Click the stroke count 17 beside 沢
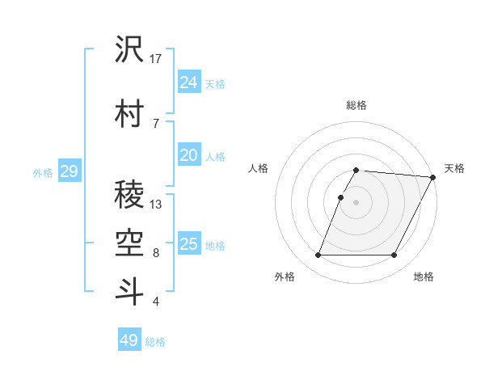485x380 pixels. (x=157, y=59)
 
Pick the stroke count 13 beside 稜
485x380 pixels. (x=156, y=205)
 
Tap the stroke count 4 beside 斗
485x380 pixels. (x=156, y=302)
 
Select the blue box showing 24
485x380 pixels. (x=189, y=82)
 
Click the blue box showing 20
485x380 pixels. (x=189, y=155)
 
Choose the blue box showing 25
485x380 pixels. (x=189, y=243)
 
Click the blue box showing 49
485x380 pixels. (x=129, y=340)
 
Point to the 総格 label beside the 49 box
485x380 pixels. (x=156, y=342)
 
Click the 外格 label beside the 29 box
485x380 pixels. (x=43, y=173)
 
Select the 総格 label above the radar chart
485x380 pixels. (x=356, y=105)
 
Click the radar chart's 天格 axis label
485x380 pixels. (x=454, y=168)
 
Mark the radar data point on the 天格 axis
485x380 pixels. (x=433, y=178)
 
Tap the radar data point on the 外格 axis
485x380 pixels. (x=318, y=255)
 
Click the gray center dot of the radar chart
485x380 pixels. (x=356, y=202)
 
